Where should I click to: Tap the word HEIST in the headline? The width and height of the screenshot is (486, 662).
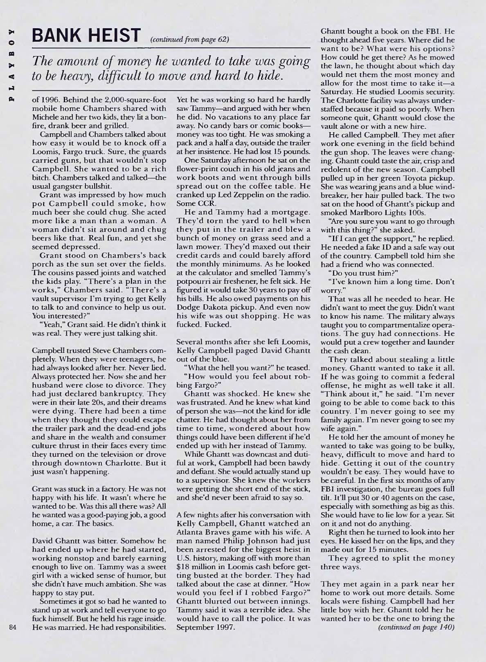pyautogui.click(x=113, y=35)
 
